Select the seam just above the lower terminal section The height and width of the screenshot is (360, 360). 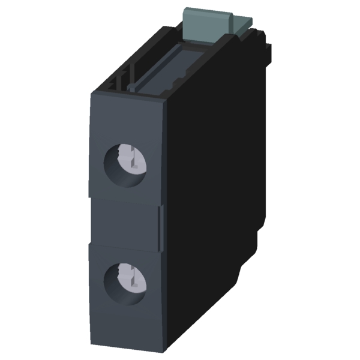pyautogui.click(x=123, y=243)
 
